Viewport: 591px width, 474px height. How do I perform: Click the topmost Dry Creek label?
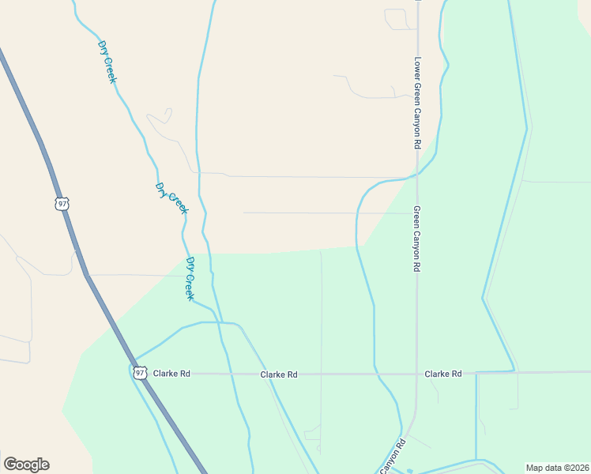pos(107,61)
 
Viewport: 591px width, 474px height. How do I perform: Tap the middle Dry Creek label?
pos(171,198)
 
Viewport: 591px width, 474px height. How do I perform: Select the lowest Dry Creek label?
pos(190,278)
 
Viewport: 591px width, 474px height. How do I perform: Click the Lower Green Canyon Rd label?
pos(417,103)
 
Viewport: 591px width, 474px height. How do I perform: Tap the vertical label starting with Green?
pos(417,239)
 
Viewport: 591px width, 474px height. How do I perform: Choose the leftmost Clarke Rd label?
pos(171,374)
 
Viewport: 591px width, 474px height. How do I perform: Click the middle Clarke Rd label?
pos(279,374)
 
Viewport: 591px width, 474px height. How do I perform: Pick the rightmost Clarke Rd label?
pos(442,374)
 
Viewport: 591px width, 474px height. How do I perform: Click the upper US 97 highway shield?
pos(62,204)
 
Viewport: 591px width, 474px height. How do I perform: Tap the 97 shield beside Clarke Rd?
pos(140,373)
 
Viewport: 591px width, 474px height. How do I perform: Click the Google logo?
pos(26,465)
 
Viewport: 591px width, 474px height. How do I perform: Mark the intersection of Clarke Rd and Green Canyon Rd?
pos(417,374)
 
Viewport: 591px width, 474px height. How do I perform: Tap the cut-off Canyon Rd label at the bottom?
pos(393,457)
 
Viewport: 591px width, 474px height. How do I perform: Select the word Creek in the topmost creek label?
pos(111,69)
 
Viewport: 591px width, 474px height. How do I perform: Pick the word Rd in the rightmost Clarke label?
pos(456,374)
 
